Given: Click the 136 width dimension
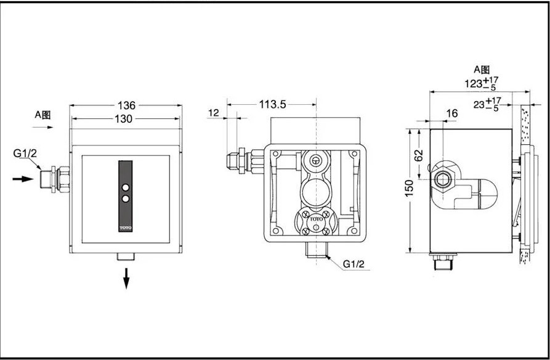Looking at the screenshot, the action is (x=126, y=105).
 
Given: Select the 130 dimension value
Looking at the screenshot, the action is (x=123, y=119).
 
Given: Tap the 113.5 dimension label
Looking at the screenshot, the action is (x=273, y=104).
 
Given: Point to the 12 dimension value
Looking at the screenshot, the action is (x=213, y=113).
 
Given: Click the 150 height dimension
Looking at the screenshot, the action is (x=409, y=188).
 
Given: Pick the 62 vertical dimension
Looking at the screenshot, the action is (x=419, y=155).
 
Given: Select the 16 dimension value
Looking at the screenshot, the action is (x=452, y=113).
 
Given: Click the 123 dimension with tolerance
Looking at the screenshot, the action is (x=482, y=83).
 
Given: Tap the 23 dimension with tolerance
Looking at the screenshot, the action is (x=488, y=104).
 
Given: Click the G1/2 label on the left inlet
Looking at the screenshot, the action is (x=25, y=153).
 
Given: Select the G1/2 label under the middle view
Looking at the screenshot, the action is (x=354, y=264).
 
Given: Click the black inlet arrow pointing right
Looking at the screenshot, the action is (x=23, y=179).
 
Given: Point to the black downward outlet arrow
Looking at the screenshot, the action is (x=126, y=278).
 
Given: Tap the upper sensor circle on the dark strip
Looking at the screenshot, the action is (x=126, y=187).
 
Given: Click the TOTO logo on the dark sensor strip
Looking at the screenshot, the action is (x=126, y=228).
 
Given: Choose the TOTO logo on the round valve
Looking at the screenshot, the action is (x=316, y=219).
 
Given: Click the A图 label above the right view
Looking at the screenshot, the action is (x=482, y=70).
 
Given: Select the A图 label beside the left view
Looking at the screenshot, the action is (x=42, y=115).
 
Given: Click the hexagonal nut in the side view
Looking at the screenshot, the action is (x=443, y=179).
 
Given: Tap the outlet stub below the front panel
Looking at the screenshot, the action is (x=126, y=256).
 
